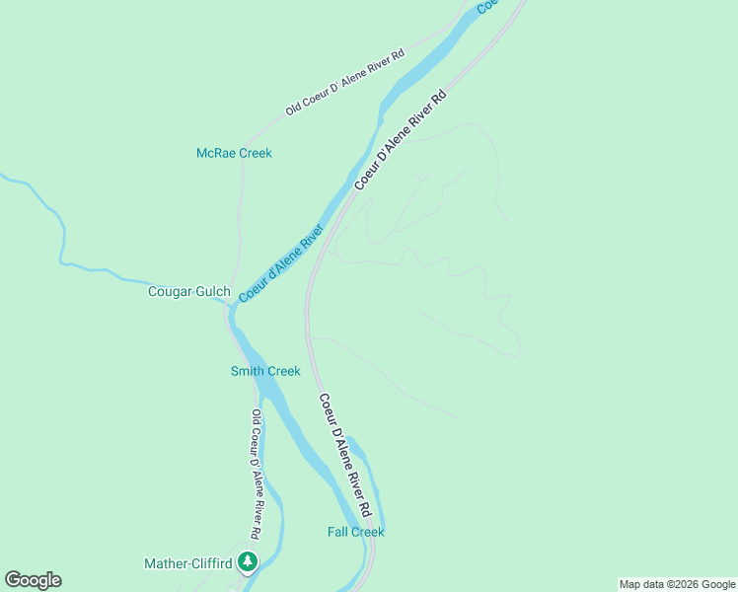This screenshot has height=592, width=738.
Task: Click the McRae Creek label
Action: pyautogui.click(x=234, y=153)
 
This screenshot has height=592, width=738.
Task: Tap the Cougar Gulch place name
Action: pyautogui.click(x=188, y=291)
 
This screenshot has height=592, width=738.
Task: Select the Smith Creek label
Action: pyautogui.click(x=265, y=371)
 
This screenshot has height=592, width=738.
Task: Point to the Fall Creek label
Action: pyautogui.click(x=355, y=532)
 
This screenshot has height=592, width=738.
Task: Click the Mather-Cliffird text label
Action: pyautogui.click(x=187, y=563)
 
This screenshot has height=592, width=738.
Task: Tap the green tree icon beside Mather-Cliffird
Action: pyautogui.click(x=247, y=562)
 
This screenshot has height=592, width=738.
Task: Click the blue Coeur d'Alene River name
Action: pyautogui.click(x=281, y=263)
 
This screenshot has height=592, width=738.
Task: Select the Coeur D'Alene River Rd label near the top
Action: pyautogui.click(x=401, y=139)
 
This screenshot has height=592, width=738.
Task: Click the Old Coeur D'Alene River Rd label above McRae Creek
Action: pyautogui.click(x=345, y=82)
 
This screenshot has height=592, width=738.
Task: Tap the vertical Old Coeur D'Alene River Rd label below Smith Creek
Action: pyautogui.click(x=256, y=474)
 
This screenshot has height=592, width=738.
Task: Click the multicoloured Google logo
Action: pyautogui.click(x=33, y=580)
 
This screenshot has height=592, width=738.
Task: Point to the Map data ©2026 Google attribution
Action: pyautogui.click(x=677, y=584)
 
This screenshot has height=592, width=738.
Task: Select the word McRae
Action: pyautogui.click(x=214, y=153)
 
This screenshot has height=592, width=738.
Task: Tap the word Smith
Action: pyautogui.click(x=248, y=371)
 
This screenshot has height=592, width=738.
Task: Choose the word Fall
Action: pyautogui.click(x=337, y=532)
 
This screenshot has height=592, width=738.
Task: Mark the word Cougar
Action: pyautogui.click(x=169, y=291)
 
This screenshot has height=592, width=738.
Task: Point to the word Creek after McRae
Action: pyautogui.click(x=254, y=153)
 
